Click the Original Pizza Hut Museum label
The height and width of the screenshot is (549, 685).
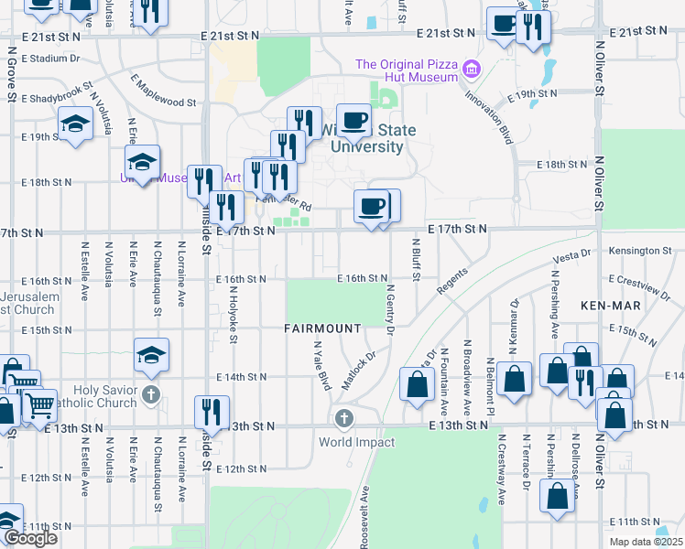coord(406,70)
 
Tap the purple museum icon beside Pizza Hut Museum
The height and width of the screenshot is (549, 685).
coord(473,69)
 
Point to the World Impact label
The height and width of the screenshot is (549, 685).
coord(357,443)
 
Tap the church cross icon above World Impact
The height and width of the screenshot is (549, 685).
coord(344,419)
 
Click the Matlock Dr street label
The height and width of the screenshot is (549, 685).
coord(359,371)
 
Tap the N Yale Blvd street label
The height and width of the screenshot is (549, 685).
coord(321,366)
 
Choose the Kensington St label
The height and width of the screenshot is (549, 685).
coord(640,250)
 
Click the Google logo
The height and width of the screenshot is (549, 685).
coord(30,538)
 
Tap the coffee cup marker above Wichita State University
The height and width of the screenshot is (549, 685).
coord(353,120)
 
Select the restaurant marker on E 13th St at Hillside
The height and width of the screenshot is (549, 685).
coord(212,413)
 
